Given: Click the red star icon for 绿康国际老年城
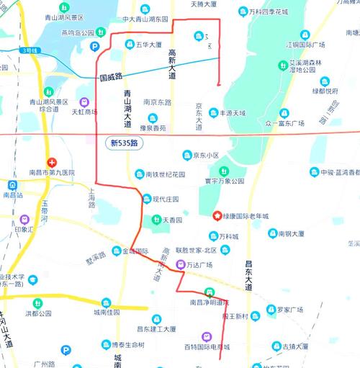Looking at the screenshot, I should click(x=217, y=215).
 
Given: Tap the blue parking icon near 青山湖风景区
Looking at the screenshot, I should click(x=94, y=45).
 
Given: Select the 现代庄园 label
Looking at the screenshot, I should click(x=166, y=199).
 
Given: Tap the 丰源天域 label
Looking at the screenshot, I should click(x=232, y=113).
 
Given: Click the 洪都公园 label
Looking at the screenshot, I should click(x=39, y=313).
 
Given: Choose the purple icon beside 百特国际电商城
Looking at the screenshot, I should click(x=207, y=336).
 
